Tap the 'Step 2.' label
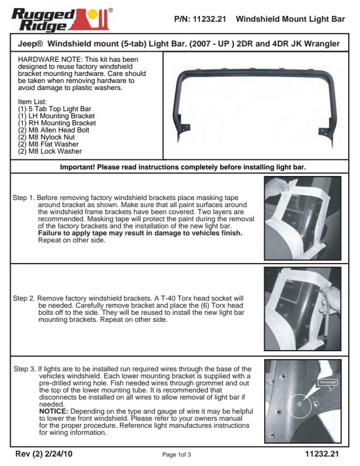click(24, 298)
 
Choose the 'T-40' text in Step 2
click(171, 298)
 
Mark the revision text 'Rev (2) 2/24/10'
click(45, 454)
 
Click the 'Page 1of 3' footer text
click(176, 455)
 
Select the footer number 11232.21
click(322, 454)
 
